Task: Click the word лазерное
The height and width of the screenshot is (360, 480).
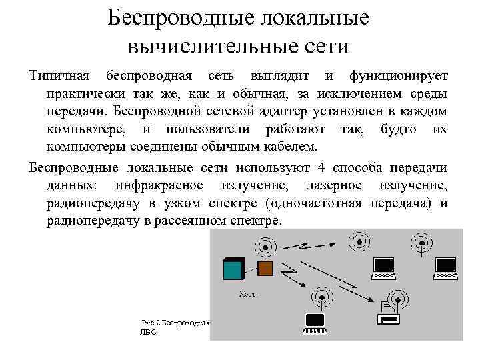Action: pyautogui.click(x=334, y=185)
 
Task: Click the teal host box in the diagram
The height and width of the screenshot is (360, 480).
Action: pyautogui.click(x=233, y=269)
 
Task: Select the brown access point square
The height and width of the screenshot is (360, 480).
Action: pyautogui.click(x=265, y=269)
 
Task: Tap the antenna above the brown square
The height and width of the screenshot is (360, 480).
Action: pyautogui.click(x=265, y=246)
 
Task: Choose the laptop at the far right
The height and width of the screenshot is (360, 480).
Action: pyautogui.click(x=445, y=267)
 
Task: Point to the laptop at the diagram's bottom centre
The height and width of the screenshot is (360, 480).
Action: pyautogui.click(x=314, y=323)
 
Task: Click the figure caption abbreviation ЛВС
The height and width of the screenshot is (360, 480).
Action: pyautogui.click(x=148, y=331)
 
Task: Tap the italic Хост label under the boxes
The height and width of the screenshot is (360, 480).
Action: pyautogui.click(x=248, y=293)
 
